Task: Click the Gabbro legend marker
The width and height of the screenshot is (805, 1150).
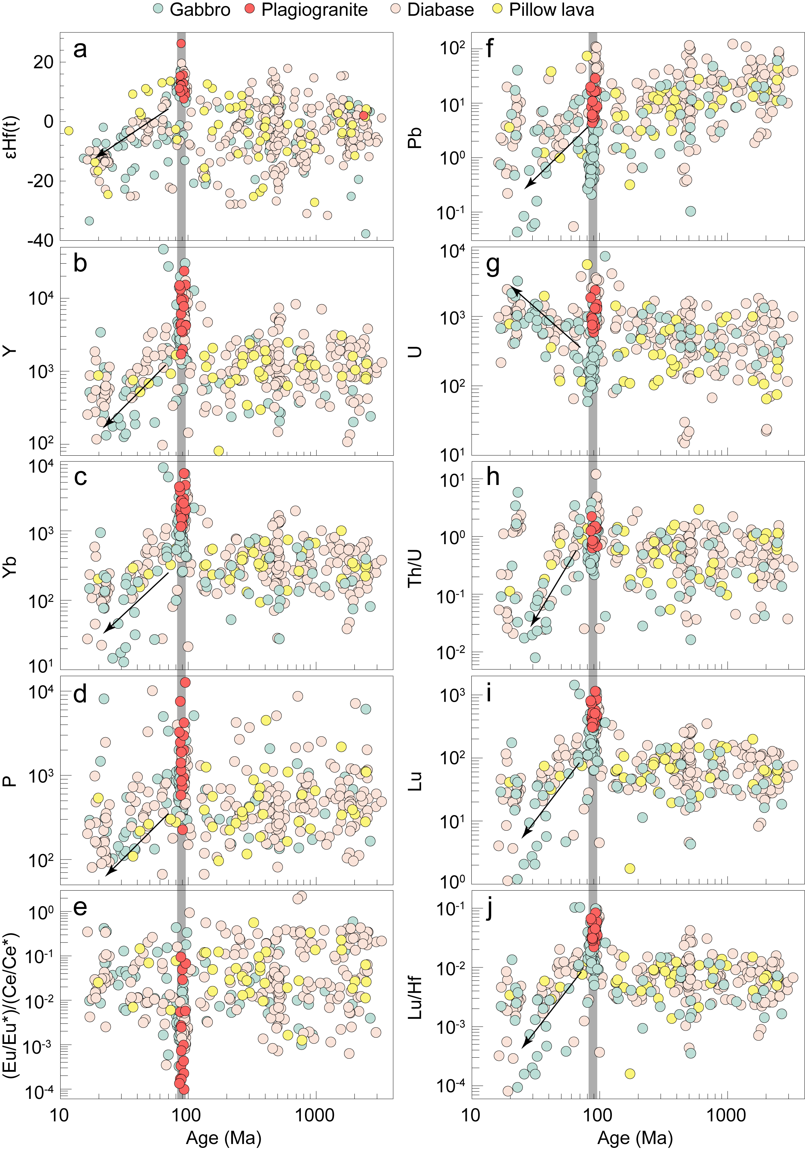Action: (x=159, y=10)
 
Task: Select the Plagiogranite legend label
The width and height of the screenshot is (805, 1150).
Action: (x=314, y=10)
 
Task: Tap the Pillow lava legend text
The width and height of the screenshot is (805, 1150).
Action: (x=551, y=10)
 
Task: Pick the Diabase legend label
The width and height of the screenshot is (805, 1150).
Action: (x=440, y=10)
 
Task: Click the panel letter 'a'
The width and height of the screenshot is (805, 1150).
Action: (x=80, y=50)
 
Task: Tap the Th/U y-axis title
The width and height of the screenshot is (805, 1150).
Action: (x=415, y=568)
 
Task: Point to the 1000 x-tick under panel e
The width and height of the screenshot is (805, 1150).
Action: (x=314, y=1115)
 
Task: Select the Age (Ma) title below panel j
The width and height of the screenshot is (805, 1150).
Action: (x=635, y=1138)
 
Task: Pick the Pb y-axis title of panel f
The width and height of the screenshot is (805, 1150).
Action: (x=415, y=138)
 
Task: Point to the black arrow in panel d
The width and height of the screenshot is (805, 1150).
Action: (x=136, y=845)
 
